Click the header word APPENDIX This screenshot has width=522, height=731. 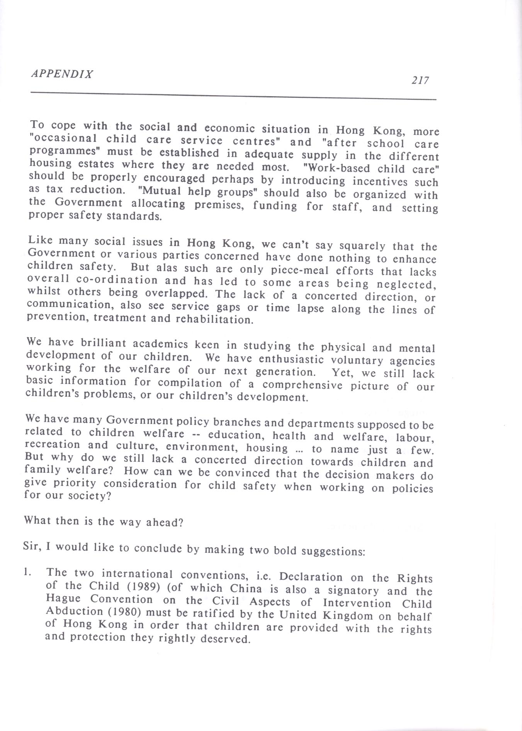click(x=62, y=74)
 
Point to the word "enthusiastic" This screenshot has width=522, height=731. click(x=291, y=359)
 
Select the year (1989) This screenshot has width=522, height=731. click(x=142, y=587)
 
